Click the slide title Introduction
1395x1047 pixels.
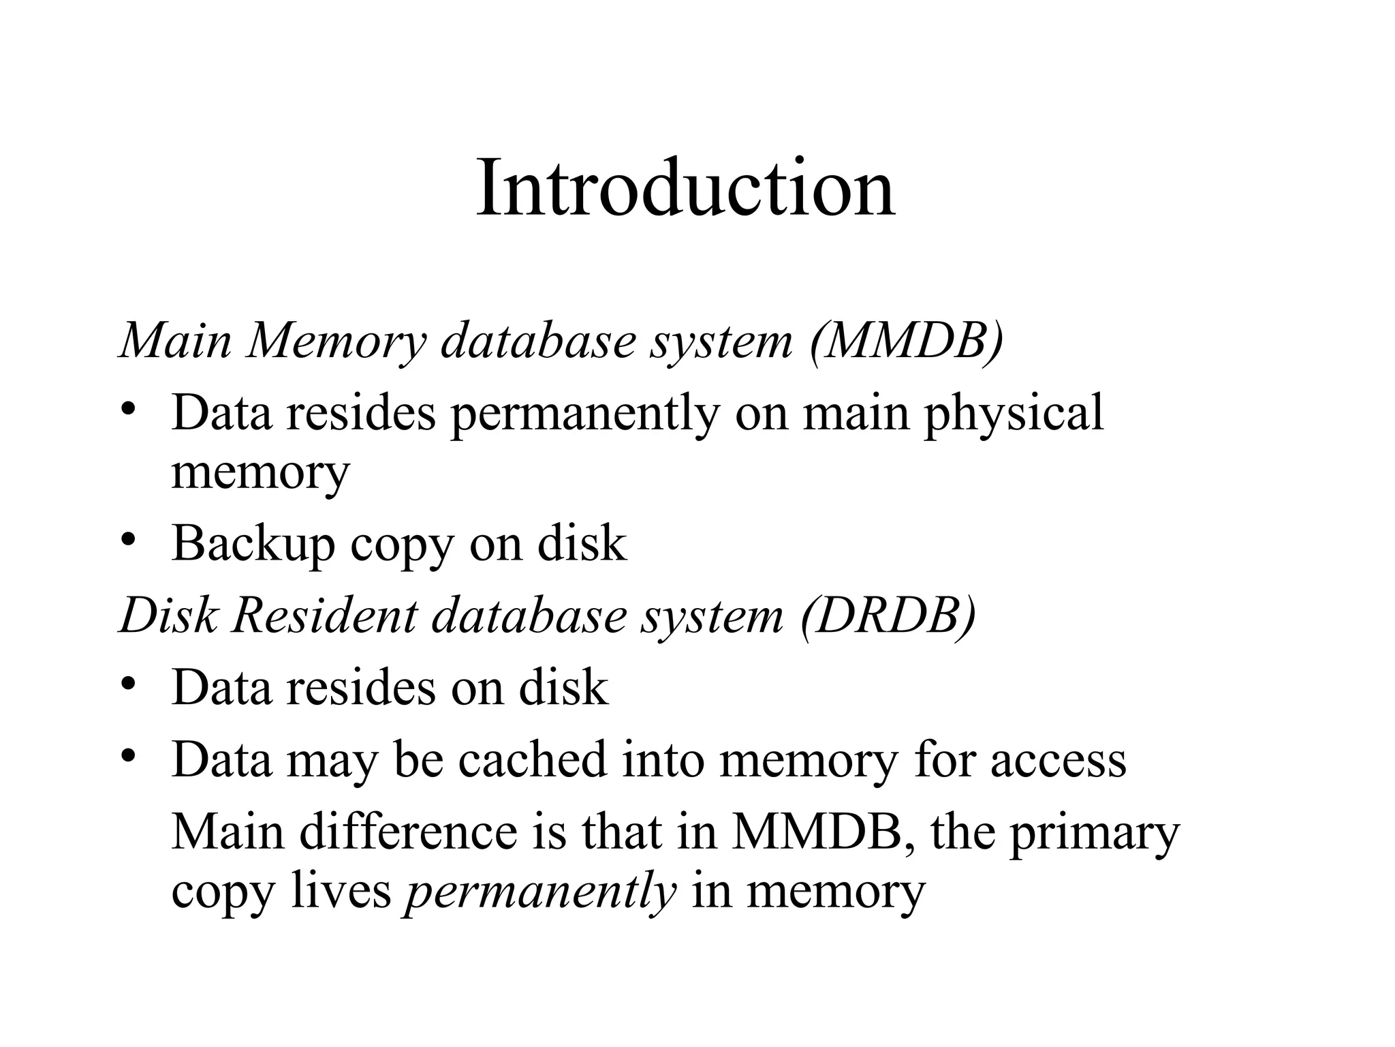click(685, 187)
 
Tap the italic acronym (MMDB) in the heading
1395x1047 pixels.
click(907, 340)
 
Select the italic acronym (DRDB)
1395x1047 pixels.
click(889, 616)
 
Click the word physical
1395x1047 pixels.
click(1013, 413)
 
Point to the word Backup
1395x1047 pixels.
click(253, 544)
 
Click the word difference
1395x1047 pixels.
click(409, 832)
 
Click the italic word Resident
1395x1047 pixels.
click(324, 616)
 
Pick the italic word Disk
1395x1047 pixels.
click(169, 616)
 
